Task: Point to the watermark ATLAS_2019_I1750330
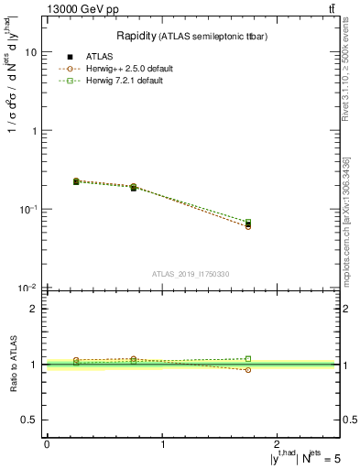(190, 274)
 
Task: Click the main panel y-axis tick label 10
(30, 52)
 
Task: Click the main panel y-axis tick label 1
(34, 131)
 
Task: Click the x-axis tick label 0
(47, 443)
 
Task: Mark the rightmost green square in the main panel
(248, 222)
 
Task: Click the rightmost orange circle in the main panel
(248, 226)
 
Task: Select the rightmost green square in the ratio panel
(248, 359)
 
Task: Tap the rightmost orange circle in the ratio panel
(248, 370)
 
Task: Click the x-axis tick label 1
(162, 443)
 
